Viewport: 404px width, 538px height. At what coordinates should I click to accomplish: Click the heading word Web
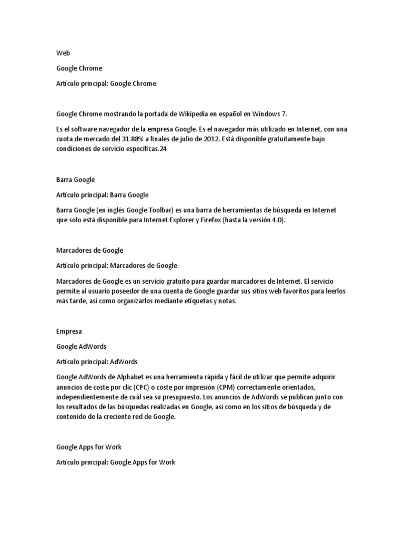tap(62, 53)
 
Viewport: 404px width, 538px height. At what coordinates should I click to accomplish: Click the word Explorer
tap(180, 220)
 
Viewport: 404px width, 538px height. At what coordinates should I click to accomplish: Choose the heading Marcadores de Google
tap(89, 250)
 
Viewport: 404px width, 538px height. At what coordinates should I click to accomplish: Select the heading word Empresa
tap(69, 332)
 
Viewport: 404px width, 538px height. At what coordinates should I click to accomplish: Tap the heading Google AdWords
tap(82, 347)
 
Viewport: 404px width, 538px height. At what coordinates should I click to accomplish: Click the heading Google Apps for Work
tap(89, 447)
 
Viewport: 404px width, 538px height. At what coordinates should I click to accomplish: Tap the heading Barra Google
tap(76, 180)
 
